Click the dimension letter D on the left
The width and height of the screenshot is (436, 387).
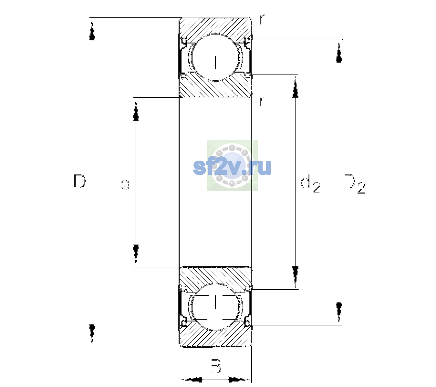80,181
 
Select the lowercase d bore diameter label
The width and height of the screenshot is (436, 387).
125,183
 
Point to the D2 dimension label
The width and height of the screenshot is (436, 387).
354,184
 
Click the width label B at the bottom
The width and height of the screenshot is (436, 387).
216,366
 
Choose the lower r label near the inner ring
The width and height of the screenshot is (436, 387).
262,101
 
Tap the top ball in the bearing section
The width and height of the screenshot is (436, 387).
215,57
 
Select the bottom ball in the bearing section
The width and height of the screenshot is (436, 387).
215,307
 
